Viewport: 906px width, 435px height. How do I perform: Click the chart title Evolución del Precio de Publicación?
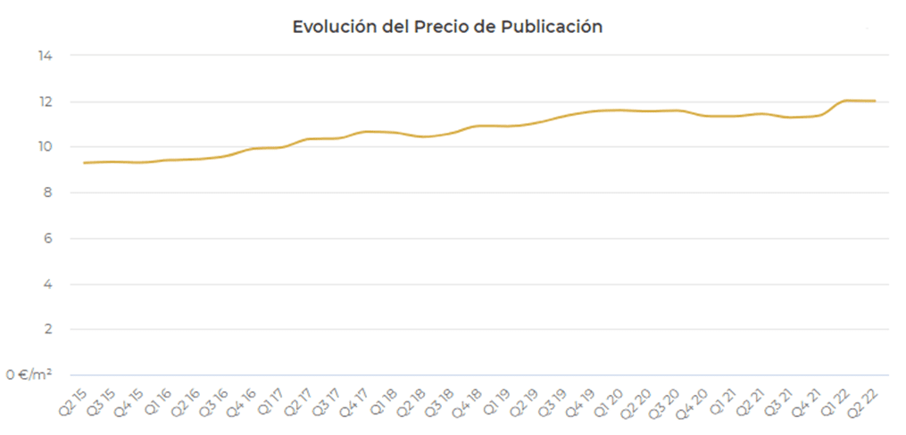click(x=447, y=27)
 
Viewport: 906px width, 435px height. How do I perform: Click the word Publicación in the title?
click(x=553, y=27)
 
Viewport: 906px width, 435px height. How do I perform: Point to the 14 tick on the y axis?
click(x=46, y=55)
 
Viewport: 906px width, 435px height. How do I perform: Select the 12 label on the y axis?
click(x=46, y=102)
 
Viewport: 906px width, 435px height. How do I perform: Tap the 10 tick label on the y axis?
click(x=46, y=147)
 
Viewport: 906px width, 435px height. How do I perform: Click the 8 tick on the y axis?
click(x=48, y=193)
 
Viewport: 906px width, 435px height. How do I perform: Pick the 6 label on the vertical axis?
click(x=48, y=239)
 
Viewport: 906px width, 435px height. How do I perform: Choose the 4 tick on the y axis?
click(x=48, y=284)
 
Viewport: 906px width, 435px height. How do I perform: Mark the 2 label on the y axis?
click(x=48, y=330)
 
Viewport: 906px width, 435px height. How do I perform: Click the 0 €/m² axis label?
click(x=31, y=375)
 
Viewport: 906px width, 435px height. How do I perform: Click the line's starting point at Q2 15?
click(x=83, y=162)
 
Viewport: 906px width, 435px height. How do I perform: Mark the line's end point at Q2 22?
click(x=875, y=101)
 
